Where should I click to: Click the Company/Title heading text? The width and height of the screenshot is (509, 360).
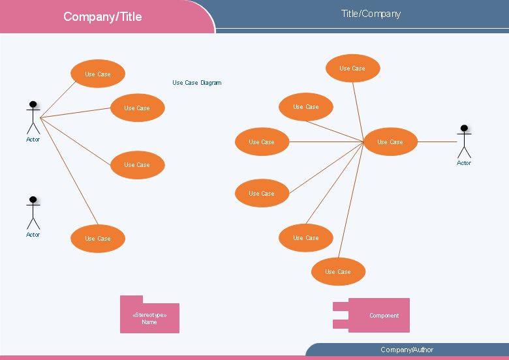point(102,16)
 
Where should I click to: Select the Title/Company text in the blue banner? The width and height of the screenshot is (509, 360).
point(371,14)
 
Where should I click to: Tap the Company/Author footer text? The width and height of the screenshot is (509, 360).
point(407,350)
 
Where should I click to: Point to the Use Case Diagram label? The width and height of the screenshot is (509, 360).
point(196,83)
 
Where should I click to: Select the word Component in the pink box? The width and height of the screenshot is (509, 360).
point(384,316)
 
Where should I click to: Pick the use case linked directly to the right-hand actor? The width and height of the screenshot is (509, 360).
point(390,142)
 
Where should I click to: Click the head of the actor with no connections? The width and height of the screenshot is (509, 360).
point(33,199)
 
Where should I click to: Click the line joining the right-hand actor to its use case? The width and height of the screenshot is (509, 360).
point(437,142)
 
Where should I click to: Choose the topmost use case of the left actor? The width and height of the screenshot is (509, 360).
point(98,74)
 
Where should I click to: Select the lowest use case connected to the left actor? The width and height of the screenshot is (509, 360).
point(98,239)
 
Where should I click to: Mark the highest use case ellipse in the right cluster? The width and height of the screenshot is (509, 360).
point(353,68)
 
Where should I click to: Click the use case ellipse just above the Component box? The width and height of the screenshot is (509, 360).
point(338,271)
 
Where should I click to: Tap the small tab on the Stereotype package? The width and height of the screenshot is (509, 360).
point(131,299)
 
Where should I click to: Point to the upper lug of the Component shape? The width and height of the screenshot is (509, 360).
point(341,306)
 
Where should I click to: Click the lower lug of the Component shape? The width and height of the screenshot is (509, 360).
point(341,323)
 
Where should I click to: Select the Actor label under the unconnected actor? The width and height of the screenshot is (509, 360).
point(33,235)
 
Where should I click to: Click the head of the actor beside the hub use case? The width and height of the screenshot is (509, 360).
point(464,128)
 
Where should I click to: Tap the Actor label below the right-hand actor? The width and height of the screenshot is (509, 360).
point(464,163)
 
